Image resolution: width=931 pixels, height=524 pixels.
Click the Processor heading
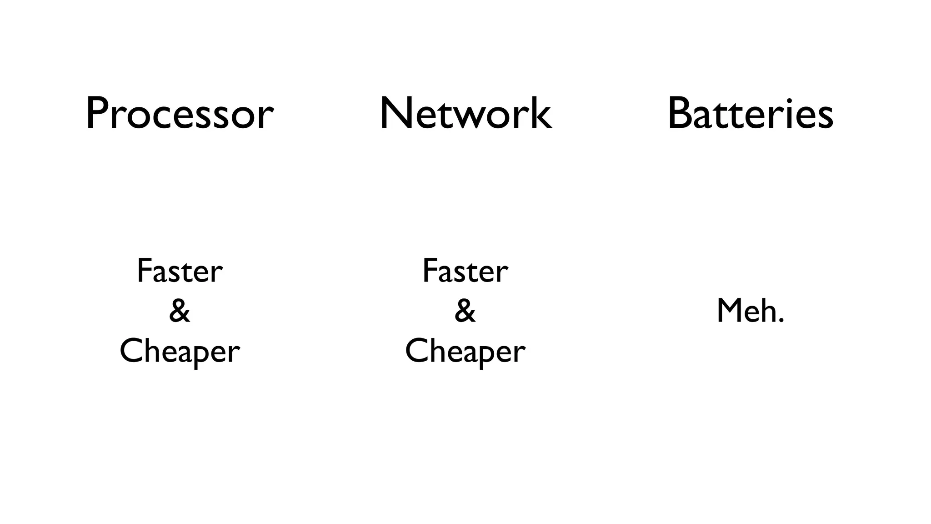[180, 114]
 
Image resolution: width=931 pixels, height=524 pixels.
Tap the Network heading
[465, 114]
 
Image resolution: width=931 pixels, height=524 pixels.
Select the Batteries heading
[750, 114]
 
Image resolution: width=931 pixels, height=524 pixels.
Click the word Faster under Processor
[180, 271]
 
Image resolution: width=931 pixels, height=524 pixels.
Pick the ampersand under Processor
[180, 311]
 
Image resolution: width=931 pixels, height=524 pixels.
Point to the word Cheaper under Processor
[180, 352]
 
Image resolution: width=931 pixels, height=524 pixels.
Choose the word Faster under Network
[465, 271]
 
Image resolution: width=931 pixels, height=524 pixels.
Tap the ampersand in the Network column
[465, 311]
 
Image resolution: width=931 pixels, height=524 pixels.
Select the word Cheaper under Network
[465, 352]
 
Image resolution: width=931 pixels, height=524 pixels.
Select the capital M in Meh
[730, 311]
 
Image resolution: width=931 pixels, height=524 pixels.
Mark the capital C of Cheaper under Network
[417, 351]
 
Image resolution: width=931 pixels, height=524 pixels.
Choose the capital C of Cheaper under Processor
[132, 351]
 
